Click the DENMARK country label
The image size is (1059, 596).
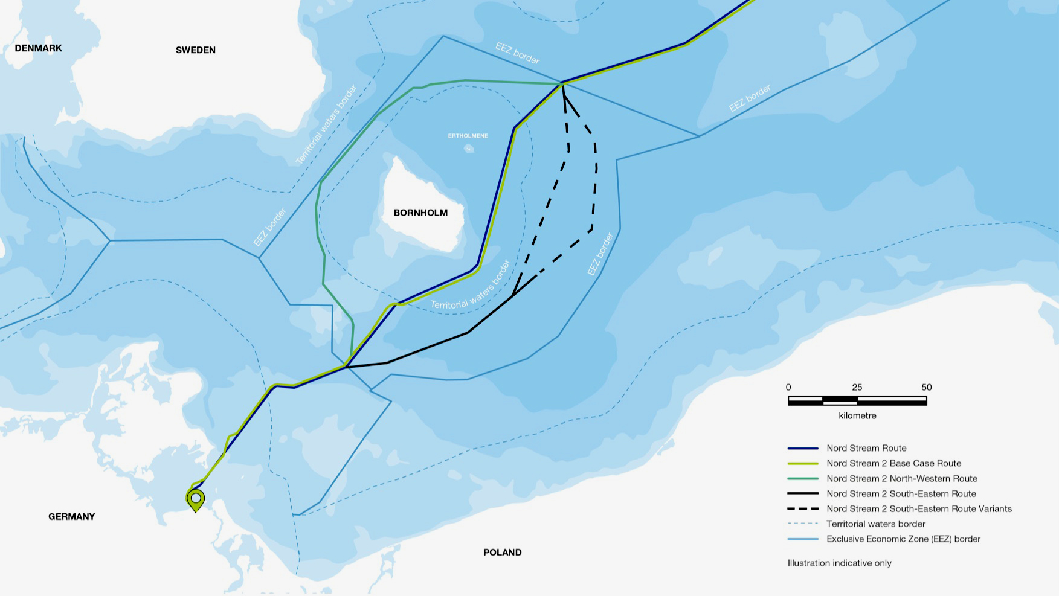[x=38, y=48]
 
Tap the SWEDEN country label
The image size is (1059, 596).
[x=195, y=50]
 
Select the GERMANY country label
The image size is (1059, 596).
[x=71, y=516]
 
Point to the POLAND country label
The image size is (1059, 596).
[x=502, y=552]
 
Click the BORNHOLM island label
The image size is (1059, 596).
[x=420, y=213]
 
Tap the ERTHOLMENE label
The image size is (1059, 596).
[x=468, y=136]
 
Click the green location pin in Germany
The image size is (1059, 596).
[x=196, y=499]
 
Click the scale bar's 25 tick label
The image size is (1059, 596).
[x=857, y=387]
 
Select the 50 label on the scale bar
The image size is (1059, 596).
[x=926, y=387]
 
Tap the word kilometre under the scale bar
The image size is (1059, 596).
[x=857, y=415]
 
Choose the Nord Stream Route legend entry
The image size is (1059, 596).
[x=866, y=448]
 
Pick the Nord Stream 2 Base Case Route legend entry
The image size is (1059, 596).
[x=893, y=463]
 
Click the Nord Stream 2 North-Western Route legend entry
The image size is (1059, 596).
[x=901, y=478]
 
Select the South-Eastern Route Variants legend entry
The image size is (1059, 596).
[x=918, y=508]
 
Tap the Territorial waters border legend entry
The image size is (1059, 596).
[x=875, y=524]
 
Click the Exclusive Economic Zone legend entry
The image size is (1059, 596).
[x=903, y=539]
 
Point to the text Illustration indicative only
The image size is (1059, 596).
[x=839, y=563]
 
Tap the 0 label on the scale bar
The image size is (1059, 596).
[x=788, y=387]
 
